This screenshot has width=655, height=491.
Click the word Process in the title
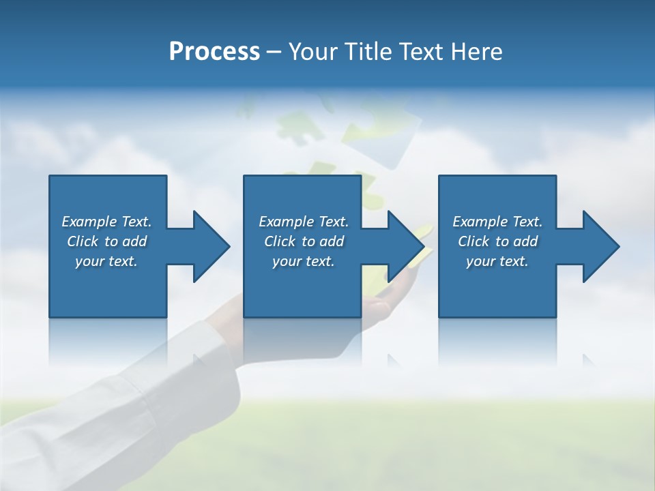pyautogui.click(x=214, y=52)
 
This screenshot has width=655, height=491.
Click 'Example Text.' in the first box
pyautogui.click(x=107, y=222)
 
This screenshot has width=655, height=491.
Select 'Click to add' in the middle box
pyautogui.click(x=304, y=241)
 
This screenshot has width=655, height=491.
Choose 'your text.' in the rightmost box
pyautogui.click(x=497, y=261)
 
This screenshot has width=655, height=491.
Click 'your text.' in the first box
pyautogui.click(x=107, y=261)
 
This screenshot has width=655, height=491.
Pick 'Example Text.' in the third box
pyautogui.click(x=497, y=222)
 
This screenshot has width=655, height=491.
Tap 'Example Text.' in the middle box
pyautogui.click(x=304, y=222)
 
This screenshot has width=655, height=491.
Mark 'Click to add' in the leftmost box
pyautogui.click(x=107, y=241)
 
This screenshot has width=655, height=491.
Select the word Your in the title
pyautogui.click(x=312, y=52)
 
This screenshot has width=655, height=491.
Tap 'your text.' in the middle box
pyautogui.click(x=304, y=261)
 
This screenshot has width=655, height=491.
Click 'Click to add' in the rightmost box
pyautogui.click(x=497, y=241)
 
